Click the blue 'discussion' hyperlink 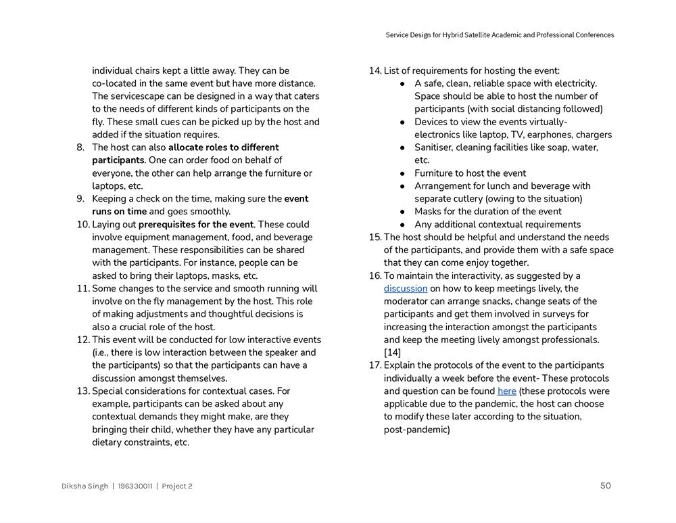406,289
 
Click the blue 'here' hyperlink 506,391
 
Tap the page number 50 605,486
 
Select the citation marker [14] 392,353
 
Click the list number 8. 80,147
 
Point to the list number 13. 83,391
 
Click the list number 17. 375,365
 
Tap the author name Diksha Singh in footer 84,486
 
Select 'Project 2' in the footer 177,486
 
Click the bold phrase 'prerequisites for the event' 195,225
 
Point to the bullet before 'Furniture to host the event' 402,173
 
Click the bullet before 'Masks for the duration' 402,212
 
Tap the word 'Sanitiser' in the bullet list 437,147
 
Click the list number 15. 375,237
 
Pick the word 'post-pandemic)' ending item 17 416,430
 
